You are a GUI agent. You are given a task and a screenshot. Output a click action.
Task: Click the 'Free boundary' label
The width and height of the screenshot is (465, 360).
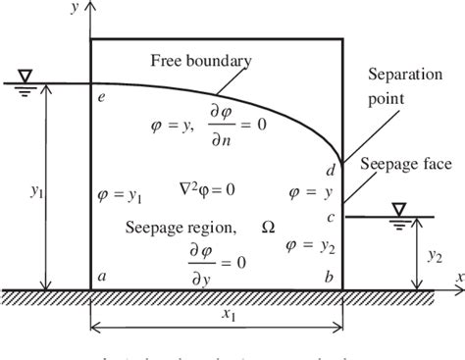coord(201,61)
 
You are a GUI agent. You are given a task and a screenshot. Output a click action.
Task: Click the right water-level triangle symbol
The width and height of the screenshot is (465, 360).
coord(399,209)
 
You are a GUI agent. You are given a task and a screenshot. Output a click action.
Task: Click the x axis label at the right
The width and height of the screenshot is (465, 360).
coord(458,279)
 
